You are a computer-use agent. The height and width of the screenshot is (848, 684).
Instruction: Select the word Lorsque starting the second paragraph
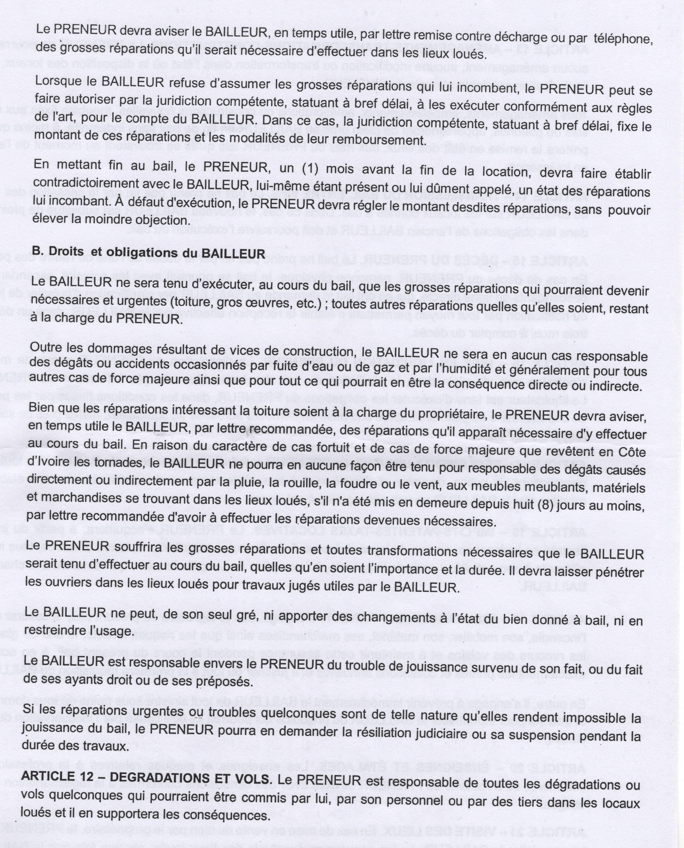tap(57, 82)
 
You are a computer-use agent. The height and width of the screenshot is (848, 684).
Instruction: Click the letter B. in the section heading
tap(37, 252)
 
